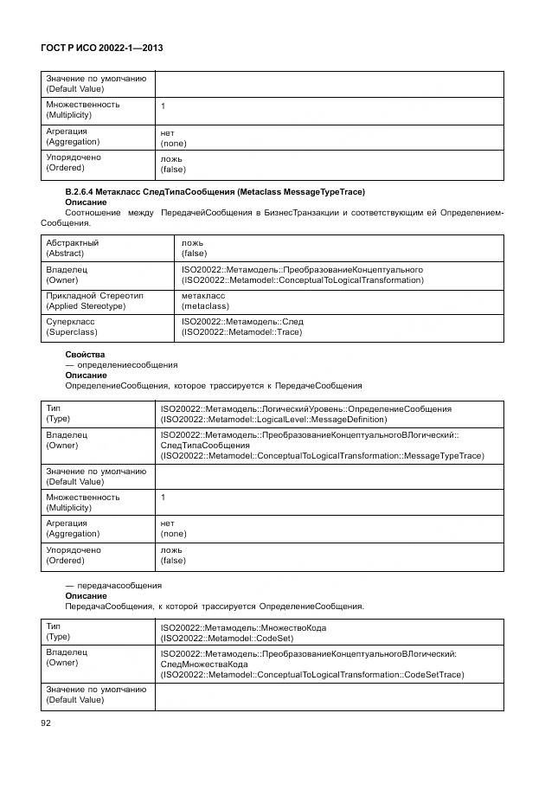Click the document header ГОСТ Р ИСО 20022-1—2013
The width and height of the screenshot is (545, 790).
point(102,49)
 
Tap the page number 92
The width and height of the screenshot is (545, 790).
point(47,723)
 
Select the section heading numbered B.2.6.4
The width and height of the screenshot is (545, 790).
point(215,191)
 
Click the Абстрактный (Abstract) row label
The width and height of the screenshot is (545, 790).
point(72,248)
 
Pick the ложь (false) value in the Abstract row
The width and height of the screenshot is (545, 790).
point(194,248)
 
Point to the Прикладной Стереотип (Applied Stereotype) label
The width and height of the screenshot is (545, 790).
point(94,300)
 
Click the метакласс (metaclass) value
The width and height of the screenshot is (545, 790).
point(203,300)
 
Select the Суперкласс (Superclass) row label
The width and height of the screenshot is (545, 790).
point(71,326)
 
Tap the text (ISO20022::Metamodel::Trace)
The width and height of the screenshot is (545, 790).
point(242,332)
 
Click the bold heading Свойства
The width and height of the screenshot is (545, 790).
point(85,355)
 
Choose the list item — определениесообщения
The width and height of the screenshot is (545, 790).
point(109,365)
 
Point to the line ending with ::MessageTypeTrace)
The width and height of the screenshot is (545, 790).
point(322,456)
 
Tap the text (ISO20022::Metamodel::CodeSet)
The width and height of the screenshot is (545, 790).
point(226,638)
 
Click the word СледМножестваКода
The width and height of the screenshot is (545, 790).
point(204,664)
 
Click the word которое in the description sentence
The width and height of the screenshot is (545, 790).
point(194,386)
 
